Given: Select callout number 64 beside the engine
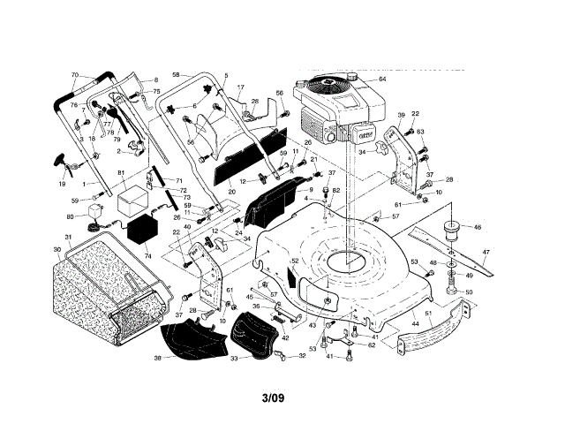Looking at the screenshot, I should [x=382, y=79].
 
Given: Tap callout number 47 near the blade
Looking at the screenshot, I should [x=485, y=252].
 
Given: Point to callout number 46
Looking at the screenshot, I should [x=478, y=227].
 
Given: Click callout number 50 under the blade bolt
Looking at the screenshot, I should [x=469, y=292].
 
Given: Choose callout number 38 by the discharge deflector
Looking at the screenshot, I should [x=157, y=358].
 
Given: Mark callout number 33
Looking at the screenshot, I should [x=233, y=359].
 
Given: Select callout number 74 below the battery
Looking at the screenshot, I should [x=147, y=256].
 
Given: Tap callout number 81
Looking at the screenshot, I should [x=121, y=172].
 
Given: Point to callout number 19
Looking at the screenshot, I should [x=61, y=184].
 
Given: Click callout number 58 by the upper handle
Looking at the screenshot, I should [x=176, y=74].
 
